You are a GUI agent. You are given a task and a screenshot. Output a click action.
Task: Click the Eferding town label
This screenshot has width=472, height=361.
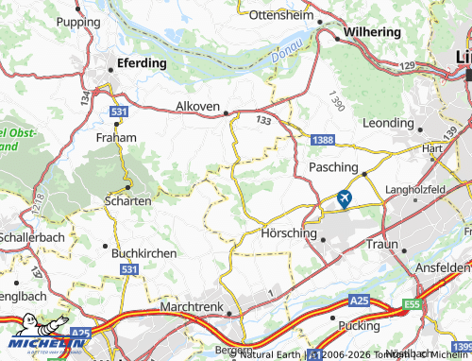tap(141, 63)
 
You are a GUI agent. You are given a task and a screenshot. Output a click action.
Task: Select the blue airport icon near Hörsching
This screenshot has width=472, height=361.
tap(343, 199)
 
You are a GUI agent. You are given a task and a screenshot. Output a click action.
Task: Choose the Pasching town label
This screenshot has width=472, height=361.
tap(333, 167)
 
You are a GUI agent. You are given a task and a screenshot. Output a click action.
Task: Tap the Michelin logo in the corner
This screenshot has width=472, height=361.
tap(38, 340)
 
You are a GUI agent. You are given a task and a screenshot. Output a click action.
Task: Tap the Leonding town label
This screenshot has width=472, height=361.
tap(387, 123)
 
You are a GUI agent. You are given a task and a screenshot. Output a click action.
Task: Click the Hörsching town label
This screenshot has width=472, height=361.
tap(282, 231)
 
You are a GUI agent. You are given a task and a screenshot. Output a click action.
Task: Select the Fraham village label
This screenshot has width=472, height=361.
tap(116, 137)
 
